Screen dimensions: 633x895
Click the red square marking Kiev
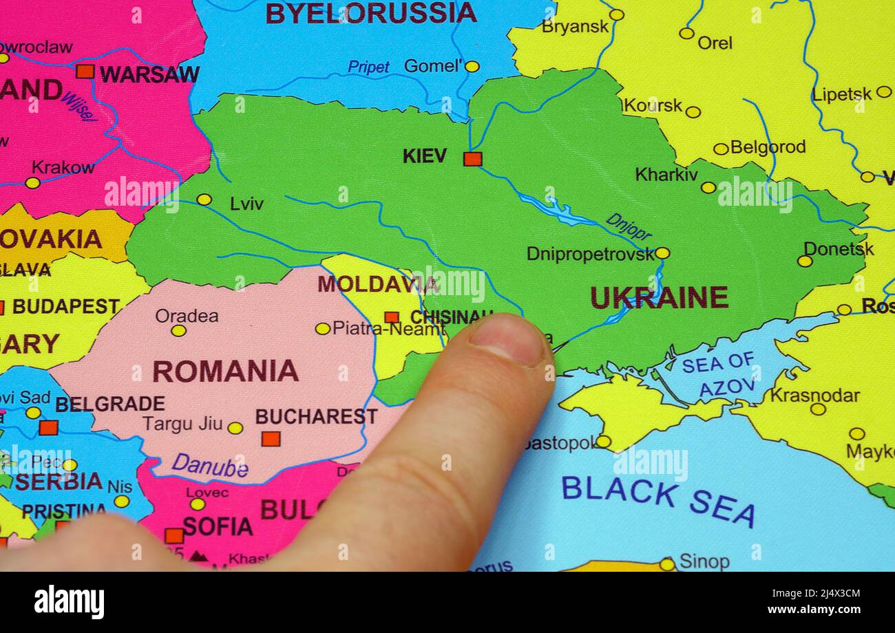(472, 159)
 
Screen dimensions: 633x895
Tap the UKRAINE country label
(659, 297)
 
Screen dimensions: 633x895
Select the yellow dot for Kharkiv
(708, 187)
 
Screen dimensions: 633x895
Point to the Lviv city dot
(204, 200)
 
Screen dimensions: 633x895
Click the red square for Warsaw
(85, 71)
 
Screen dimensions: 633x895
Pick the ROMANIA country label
(225, 371)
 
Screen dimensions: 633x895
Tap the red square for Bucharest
(271, 438)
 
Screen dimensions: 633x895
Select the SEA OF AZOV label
(718, 375)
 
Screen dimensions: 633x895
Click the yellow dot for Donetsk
(804, 261)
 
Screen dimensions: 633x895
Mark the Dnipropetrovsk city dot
(662, 253)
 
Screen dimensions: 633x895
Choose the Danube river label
(209, 465)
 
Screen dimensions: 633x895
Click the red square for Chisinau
(391, 317)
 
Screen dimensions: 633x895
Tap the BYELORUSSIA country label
(370, 12)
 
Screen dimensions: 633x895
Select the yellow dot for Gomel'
(472, 67)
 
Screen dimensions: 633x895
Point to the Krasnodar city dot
(817, 409)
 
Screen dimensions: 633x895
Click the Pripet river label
(368, 67)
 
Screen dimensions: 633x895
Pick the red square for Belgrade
(48, 427)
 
